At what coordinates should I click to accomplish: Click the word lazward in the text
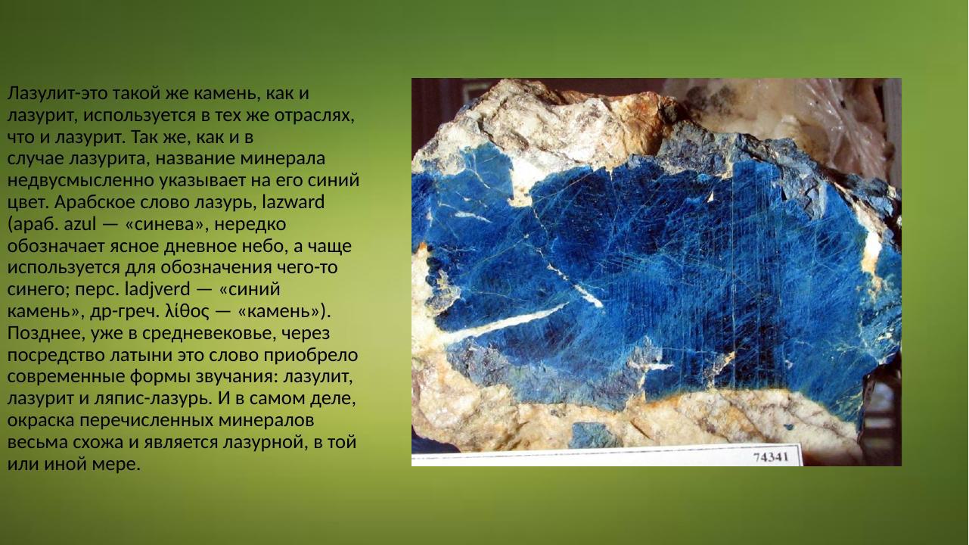click(292, 202)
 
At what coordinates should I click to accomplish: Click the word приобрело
click(310, 355)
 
